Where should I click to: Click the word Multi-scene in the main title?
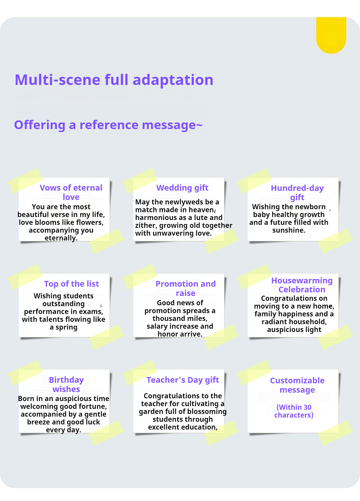[57, 80]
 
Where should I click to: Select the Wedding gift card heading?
[182, 188]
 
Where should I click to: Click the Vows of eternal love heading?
[71, 192]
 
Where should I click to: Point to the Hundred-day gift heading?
[297, 192]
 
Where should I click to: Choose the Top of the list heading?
[71, 284]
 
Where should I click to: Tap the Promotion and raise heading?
[185, 288]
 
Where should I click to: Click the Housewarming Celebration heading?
[302, 285]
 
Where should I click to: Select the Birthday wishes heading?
[66, 384]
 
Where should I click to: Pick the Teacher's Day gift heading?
[183, 380]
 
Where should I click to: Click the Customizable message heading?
[297, 385]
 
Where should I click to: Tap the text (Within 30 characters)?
[294, 411]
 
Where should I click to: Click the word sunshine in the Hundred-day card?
[288, 230]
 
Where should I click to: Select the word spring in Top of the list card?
[66, 327]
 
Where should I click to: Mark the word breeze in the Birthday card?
[38, 422]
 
